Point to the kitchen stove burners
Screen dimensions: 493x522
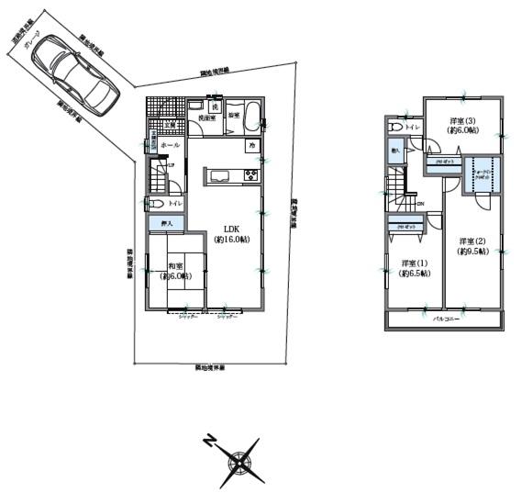tap(250, 175)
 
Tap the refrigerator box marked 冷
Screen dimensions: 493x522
tap(250, 145)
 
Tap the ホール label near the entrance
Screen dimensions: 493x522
tap(169, 146)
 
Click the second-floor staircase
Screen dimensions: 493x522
tap(400, 193)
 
